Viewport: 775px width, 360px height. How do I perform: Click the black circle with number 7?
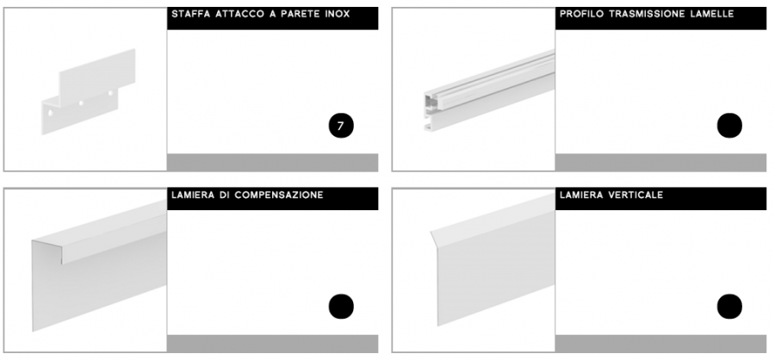click(341, 126)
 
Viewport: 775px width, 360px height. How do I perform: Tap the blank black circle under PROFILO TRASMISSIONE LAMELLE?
click(729, 126)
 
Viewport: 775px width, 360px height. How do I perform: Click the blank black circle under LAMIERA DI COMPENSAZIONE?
click(341, 307)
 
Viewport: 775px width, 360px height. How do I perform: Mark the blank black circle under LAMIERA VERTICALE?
click(729, 307)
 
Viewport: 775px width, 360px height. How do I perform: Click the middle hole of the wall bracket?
click(81, 103)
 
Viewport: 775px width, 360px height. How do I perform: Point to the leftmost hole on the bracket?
click(51, 113)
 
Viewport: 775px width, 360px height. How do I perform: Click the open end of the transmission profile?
click(430, 111)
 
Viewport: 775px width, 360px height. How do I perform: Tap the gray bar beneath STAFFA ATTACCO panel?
click(272, 162)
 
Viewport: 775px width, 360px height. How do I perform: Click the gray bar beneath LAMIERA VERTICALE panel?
click(660, 344)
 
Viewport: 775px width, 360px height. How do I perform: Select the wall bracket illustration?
click(88, 92)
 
